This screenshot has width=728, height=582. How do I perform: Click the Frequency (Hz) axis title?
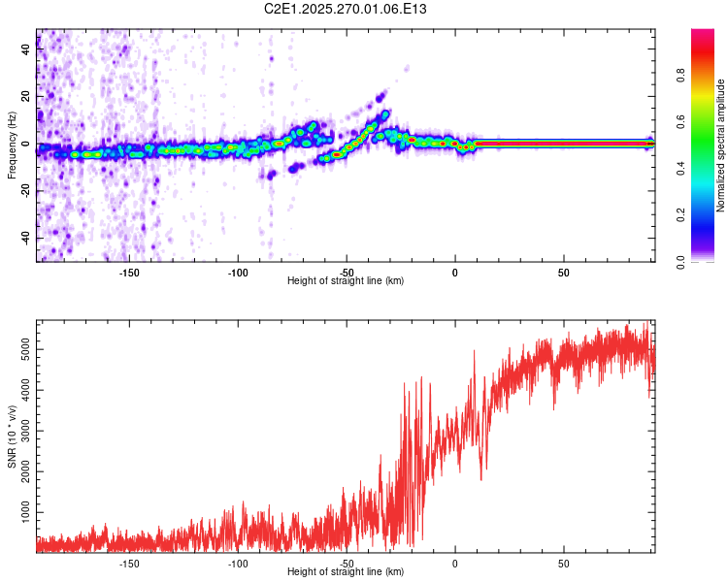pos(12,145)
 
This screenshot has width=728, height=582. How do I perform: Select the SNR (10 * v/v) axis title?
pos(12,436)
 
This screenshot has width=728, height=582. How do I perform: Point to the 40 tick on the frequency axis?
pos(26,50)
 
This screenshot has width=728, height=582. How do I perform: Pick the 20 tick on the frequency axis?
pos(26,97)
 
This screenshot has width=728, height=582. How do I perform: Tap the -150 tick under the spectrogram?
pos(129,272)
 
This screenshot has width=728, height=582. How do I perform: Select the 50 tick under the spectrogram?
pos(563,272)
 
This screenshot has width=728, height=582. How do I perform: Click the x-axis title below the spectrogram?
pos(346,281)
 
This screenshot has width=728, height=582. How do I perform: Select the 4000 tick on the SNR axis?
pos(19,389)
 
